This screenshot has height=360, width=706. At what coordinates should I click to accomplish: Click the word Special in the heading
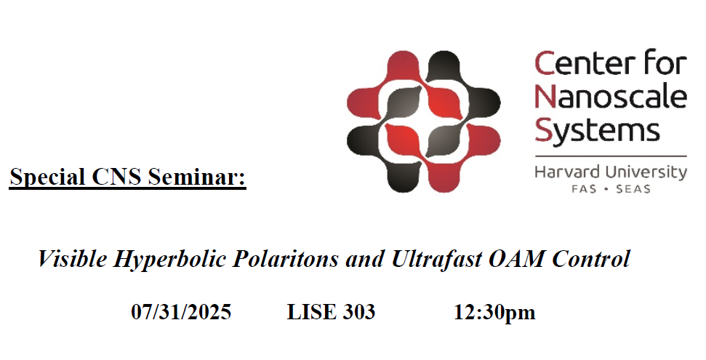[x=48, y=177]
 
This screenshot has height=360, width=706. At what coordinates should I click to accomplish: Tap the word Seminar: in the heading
[x=197, y=176]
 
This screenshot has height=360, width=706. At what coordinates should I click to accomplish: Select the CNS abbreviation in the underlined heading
[x=117, y=176]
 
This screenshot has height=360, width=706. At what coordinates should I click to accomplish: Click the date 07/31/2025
[x=181, y=312]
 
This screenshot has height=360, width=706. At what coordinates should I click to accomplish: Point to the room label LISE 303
[x=331, y=312]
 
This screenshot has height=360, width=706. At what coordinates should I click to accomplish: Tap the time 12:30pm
[x=494, y=313]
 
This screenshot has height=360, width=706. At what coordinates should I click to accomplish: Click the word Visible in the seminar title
[x=73, y=259]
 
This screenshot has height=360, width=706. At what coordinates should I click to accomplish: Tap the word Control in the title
[x=591, y=259]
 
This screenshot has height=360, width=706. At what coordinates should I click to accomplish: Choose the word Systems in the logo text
[x=597, y=131]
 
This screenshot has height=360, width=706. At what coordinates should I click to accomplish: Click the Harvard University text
[x=611, y=172]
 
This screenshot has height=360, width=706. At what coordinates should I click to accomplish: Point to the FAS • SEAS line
[x=611, y=189]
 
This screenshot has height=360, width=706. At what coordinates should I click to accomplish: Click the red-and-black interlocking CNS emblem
[x=423, y=121]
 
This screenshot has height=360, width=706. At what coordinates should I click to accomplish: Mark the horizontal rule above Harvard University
[x=611, y=156]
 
